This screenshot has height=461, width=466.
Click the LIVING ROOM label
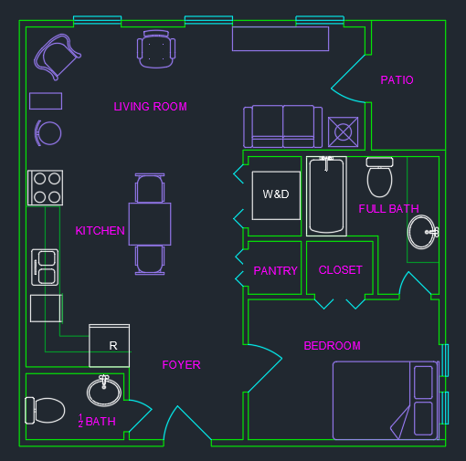150,107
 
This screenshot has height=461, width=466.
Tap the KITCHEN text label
100,231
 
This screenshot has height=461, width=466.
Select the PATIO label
397,80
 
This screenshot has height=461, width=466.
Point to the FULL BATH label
388,209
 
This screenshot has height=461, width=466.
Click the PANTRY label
275,271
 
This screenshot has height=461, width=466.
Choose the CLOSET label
340,270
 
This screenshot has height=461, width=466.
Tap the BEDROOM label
332,346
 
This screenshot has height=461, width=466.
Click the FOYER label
181,365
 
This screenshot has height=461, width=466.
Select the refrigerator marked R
109,345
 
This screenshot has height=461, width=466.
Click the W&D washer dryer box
276,195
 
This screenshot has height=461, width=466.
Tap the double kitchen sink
45,267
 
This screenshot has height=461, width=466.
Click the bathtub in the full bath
326,195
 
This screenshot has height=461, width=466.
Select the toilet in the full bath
379,178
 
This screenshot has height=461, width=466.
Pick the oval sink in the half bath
103,392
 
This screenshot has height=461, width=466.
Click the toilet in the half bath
45,410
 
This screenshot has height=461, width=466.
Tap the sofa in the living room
283,126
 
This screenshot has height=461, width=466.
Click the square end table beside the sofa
343,132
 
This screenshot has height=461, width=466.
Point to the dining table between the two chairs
149,224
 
